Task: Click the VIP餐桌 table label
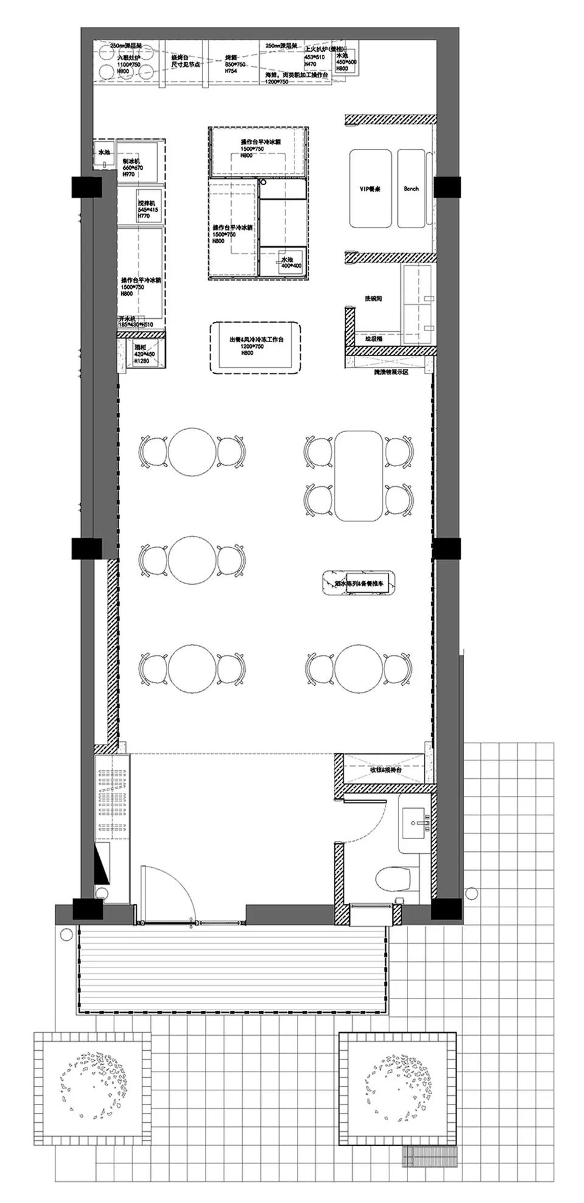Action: point(370,189)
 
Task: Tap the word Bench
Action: point(411,189)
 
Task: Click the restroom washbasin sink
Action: point(418,825)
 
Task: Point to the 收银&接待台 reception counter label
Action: point(386,769)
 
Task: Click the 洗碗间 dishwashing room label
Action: point(373,299)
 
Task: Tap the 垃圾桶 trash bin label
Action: point(374,339)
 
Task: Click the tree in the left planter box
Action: point(92,1084)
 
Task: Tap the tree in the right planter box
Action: point(397,1084)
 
